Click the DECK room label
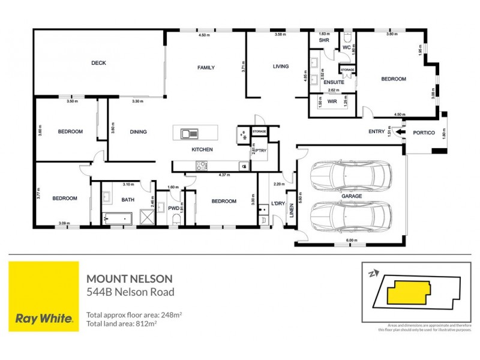click(x=98, y=63)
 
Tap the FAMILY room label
click(x=206, y=68)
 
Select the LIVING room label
click(x=281, y=66)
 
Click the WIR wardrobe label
click(x=332, y=102)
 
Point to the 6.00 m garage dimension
click(x=352, y=241)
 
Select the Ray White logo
click(x=44, y=296)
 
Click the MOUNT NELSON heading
click(x=130, y=278)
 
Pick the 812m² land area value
click(x=147, y=324)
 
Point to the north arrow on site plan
click(x=373, y=274)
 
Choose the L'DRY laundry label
click(x=277, y=203)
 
